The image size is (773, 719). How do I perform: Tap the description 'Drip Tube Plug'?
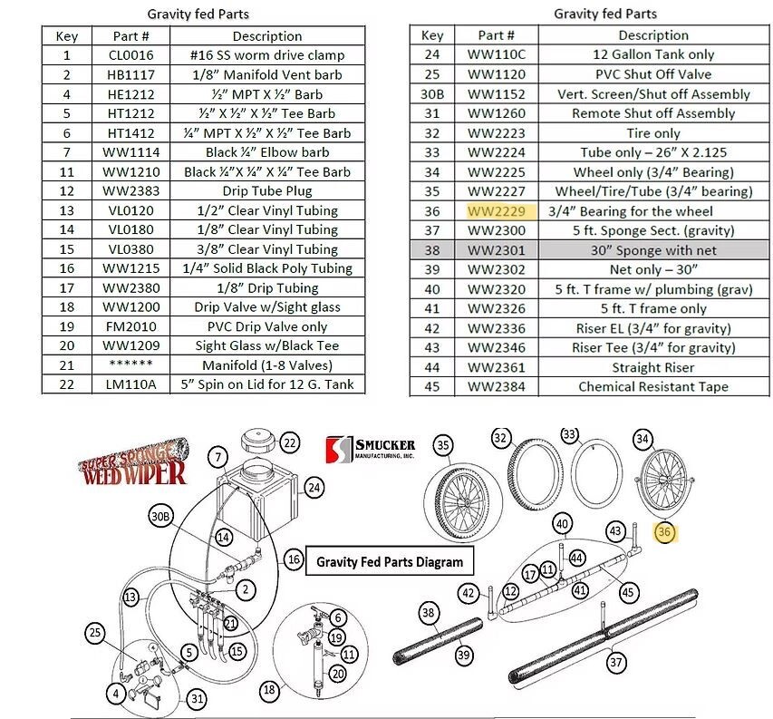(x=266, y=191)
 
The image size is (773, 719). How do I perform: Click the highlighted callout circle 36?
(x=665, y=533)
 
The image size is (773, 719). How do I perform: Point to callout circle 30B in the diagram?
(x=160, y=517)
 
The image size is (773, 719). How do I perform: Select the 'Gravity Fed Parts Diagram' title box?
(x=389, y=562)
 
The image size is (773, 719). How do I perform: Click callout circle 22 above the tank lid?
(x=289, y=443)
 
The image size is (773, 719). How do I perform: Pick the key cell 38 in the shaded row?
(x=432, y=249)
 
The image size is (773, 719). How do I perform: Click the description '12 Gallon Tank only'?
(x=652, y=55)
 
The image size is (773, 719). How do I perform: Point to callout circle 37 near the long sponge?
(x=616, y=663)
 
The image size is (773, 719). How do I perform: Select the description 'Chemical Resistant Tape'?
(x=652, y=387)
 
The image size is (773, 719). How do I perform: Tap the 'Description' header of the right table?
(x=652, y=35)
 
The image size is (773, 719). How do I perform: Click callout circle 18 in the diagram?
(x=270, y=690)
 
